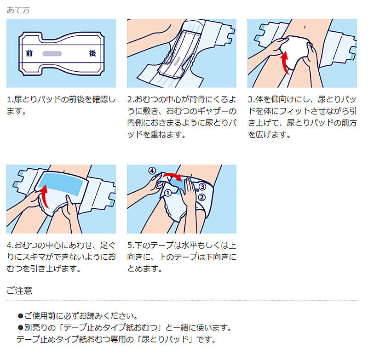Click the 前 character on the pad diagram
[x=29, y=53]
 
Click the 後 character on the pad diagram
[x=92, y=53]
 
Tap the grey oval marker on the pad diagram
[x=52, y=54]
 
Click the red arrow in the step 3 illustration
[x=285, y=62]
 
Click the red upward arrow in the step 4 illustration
[x=44, y=196]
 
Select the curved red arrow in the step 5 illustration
[x=172, y=177]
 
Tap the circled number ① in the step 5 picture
[x=168, y=193]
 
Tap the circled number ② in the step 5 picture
[x=201, y=197]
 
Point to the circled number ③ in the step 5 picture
[x=202, y=187]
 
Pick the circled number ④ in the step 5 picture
[x=152, y=171]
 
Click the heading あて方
[x=18, y=10]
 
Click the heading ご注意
[x=19, y=291]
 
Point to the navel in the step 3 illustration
[x=305, y=27]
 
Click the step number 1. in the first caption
[x=10, y=99]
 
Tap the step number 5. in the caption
[x=131, y=246]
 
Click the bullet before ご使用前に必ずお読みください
[x=20, y=316]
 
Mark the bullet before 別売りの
[x=20, y=327]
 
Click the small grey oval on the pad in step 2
[x=178, y=61]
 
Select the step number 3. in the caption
[x=251, y=99]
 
